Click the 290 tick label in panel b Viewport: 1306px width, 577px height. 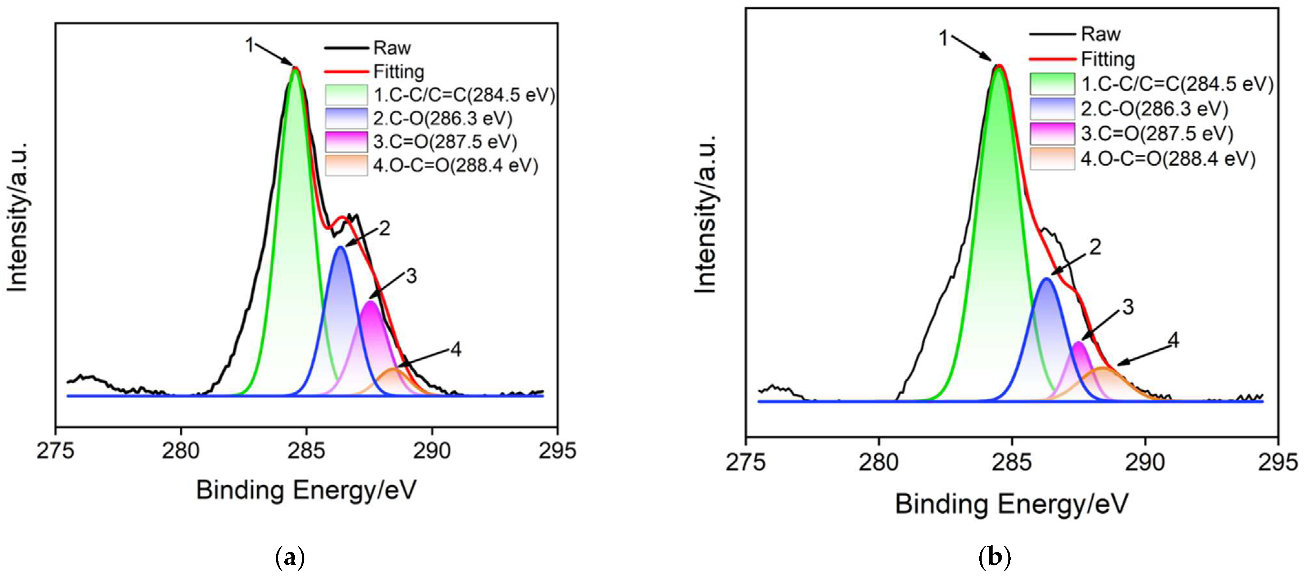tap(1144, 462)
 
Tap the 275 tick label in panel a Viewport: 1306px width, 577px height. tap(56, 450)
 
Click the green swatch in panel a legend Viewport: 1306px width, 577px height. tap(346, 95)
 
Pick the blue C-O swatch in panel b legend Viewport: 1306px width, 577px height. tap(1052, 109)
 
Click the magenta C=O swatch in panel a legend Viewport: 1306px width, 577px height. tap(346, 142)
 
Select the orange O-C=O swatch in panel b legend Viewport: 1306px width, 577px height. tap(1052, 159)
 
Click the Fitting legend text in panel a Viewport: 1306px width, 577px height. tap(398, 71)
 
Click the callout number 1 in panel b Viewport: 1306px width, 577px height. tap(943, 38)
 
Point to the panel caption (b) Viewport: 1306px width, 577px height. tap(994, 558)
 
